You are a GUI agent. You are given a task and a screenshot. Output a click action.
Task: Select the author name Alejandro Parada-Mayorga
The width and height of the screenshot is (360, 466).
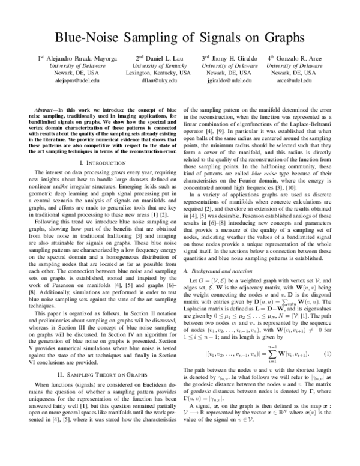click(70, 58)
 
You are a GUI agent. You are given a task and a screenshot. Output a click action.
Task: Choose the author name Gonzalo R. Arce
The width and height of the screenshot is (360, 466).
click(296, 58)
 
